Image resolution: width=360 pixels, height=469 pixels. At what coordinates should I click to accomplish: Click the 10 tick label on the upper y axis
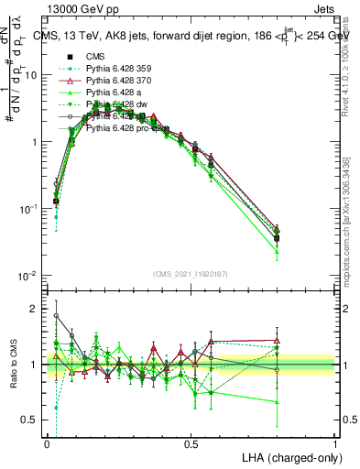31,75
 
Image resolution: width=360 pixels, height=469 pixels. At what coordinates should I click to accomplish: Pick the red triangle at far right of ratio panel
278,340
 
